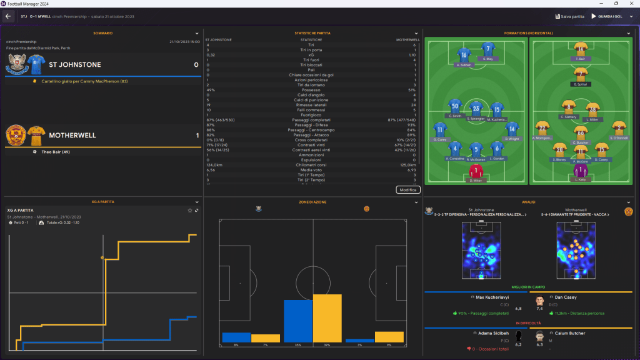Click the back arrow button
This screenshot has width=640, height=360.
(x=8, y=16)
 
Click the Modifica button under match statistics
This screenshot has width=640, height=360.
(x=408, y=189)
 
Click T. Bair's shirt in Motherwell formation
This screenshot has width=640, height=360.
(x=581, y=49)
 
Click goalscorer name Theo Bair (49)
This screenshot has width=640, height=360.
(x=55, y=151)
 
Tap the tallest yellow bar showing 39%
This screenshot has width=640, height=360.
(x=327, y=318)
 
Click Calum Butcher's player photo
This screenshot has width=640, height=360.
(x=539, y=337)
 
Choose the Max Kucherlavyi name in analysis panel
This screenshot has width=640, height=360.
(x=493, y=297)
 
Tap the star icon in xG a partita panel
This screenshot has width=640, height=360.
(x=190, y=210)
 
